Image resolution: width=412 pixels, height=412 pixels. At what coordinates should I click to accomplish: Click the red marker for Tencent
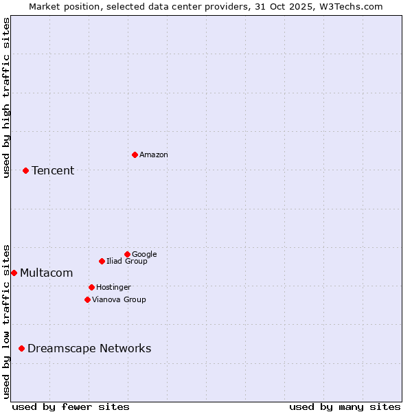click(25, 170)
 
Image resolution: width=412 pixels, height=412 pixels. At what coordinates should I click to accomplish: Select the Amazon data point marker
click(135, 154)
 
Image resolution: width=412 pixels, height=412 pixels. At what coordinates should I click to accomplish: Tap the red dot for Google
click(127, 254)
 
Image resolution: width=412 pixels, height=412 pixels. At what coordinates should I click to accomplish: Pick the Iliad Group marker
click(102, 261)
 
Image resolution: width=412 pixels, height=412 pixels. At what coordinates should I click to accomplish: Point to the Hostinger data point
click(91, 287)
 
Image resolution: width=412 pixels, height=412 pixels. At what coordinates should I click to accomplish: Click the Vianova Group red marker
click(87, 299)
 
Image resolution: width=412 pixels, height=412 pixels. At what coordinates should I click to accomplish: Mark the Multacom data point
click(14, 273)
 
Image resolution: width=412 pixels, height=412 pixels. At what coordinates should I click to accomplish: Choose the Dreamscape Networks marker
click(21, 348)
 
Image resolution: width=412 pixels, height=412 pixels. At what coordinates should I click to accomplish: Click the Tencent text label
click(53, 171)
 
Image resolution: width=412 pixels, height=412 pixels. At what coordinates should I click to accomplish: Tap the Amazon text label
click(153, 155)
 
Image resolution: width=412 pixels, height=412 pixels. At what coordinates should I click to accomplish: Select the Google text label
click(144, 255)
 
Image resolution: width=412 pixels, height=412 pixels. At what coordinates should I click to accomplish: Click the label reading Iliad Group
click(126, 262)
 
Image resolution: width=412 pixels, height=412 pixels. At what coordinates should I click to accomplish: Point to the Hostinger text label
click(113, 288)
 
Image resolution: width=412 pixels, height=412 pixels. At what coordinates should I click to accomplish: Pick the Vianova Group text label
click(119, 300)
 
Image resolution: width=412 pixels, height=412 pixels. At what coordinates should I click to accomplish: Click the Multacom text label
click(46, 273)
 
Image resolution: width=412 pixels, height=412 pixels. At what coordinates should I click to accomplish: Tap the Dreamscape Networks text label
click(89, 349)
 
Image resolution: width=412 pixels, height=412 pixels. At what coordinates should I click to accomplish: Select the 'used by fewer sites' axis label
click(71, 407)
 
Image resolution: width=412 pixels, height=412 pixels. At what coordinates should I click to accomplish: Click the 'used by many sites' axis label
click(345, 407)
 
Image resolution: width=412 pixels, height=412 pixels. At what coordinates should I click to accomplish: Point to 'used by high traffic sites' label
click(7, 98)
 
